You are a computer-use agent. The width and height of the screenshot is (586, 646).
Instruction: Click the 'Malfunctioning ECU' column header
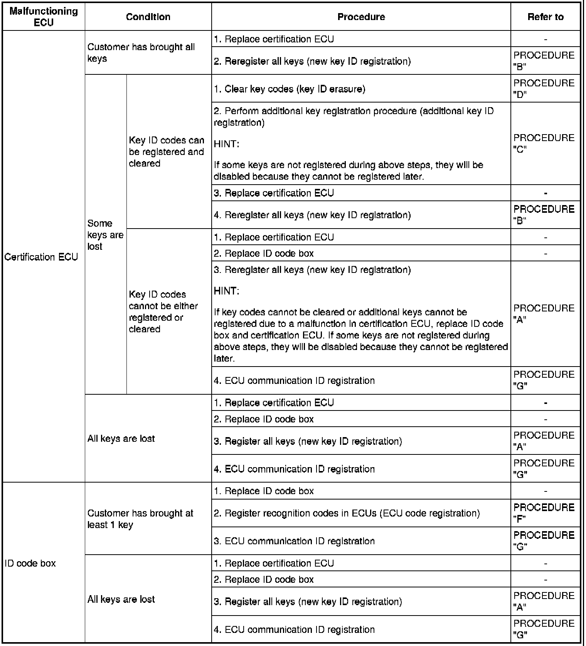44,17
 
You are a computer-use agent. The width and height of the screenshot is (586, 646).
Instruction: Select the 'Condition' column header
148,17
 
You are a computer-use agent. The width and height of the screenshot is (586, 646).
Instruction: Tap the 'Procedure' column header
361,17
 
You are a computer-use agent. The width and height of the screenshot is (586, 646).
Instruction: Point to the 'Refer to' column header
545,17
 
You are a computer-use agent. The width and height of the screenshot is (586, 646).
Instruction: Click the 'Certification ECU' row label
41,257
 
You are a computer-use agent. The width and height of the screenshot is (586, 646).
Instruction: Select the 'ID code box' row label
30,563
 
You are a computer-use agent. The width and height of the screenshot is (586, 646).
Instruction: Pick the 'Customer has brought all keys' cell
141,52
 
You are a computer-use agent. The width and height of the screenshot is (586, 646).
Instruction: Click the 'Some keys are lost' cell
105,234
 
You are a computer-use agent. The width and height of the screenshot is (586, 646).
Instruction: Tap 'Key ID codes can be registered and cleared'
167,151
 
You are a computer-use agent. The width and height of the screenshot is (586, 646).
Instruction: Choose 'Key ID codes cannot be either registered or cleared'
163,311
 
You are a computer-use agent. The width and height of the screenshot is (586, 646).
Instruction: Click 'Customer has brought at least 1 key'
140,519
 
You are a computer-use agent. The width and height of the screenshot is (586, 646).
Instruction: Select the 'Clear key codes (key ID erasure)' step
290,89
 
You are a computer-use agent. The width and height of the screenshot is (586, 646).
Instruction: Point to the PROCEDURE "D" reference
544,88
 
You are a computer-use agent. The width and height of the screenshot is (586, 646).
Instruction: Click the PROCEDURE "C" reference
544,143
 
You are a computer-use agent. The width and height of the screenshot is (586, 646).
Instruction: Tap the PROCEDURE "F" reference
544,513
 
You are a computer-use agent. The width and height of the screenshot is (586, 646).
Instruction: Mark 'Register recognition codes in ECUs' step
347,513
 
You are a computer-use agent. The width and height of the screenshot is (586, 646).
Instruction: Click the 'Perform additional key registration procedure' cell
354,116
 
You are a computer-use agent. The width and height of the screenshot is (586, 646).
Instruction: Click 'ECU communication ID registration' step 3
294,541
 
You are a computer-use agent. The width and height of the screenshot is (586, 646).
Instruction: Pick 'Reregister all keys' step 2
312,61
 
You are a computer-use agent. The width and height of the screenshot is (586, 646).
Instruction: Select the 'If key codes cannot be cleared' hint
360,335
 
